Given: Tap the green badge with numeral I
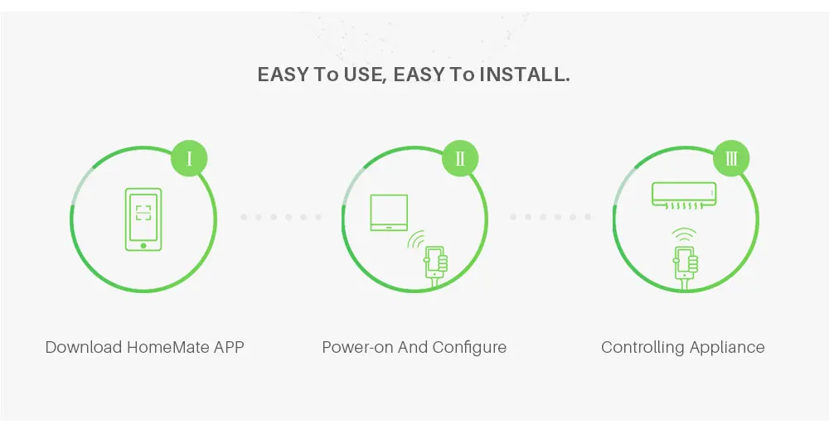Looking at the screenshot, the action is point(189,158).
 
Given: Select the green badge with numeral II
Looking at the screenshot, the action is point(460,158).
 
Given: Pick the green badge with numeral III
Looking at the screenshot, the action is point(731,158).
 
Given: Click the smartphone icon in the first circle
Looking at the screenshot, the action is point(143,219).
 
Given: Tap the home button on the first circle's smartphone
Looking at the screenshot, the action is point(143,245).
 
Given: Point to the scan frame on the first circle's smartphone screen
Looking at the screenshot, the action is point(143,212).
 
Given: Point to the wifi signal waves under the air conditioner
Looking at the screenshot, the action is point(684,234).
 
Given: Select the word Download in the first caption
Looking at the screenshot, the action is point(84,347).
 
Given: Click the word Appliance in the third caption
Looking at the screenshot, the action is point(729,347).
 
